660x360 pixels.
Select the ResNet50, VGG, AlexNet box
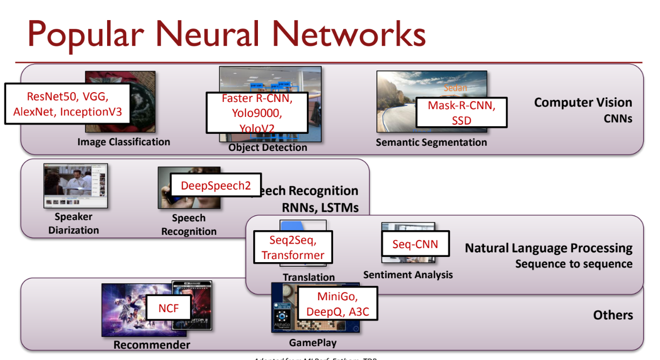pos(67,104)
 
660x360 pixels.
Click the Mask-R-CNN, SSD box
pos(461,112)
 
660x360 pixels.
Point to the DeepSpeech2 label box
pos(216,185)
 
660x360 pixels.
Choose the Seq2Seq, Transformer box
pos(293,248)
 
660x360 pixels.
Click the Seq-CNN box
pos(415,244)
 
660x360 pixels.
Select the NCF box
pos(168,309)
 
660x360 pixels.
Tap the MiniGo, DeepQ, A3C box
pos(337,304)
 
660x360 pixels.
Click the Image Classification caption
pos(124,142)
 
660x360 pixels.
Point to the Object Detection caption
pos(268,147)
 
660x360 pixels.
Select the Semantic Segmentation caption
pos(431,142)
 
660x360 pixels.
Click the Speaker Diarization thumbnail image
pos(75,186)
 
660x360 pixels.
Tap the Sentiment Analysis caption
pos(408,275)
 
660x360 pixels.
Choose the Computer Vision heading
pos(583,102)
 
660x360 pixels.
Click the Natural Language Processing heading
pos(548,248)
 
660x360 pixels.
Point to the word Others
pos(613,315)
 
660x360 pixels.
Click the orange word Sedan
pos(455,88)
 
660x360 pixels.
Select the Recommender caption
pos(151,345)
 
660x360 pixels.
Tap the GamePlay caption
pos(312,342)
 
